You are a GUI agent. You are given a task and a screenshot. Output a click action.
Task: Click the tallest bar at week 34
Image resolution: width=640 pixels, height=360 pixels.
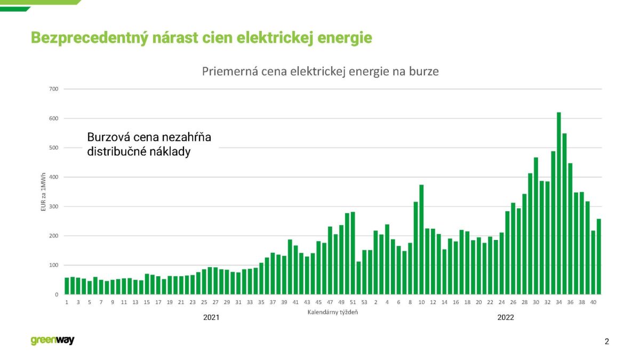tap(559, 203)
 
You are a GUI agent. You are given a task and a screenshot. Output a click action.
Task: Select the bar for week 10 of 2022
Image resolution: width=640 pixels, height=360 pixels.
tap(421, 239)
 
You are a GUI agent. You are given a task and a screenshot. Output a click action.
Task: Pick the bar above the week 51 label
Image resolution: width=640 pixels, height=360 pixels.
tap(353, 253)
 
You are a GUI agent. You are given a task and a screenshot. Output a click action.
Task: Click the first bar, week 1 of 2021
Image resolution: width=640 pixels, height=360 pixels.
tap(67, 286)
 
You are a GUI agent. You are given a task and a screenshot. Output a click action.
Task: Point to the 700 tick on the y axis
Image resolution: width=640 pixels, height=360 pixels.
tap(53, 89)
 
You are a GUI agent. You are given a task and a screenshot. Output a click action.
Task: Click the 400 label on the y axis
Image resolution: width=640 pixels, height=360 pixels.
tap(53, 177)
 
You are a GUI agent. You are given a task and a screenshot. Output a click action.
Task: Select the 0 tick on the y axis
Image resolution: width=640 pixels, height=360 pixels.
tap(56, 294)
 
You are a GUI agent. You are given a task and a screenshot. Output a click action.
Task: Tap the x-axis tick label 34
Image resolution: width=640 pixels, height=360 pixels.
tap(559, 302)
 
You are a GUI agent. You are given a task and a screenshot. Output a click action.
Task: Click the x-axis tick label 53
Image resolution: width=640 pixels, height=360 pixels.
tap(364, 302)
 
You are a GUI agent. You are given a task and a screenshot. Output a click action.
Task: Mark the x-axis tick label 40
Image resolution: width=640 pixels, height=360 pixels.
tap(593, 302)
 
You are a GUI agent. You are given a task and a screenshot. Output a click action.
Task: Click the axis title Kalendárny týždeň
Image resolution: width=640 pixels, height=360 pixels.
tap(333, 312)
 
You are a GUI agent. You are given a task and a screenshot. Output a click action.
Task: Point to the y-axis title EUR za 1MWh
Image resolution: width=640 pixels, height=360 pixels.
tap(44, 192)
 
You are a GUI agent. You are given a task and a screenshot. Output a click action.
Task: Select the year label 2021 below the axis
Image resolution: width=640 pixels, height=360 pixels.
tap(211, 317)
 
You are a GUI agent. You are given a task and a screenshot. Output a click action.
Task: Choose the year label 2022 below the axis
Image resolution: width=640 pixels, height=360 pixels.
tap(506, 317)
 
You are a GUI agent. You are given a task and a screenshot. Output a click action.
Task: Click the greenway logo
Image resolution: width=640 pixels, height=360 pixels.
tap(52, 341)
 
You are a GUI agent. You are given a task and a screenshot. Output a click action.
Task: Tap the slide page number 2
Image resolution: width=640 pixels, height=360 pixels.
tap(607, 342)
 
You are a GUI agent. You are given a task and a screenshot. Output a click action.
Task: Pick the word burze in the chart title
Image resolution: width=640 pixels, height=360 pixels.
tap(424, 71)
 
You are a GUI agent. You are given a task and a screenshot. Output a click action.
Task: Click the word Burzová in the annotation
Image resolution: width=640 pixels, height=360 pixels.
tap(108, 138)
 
